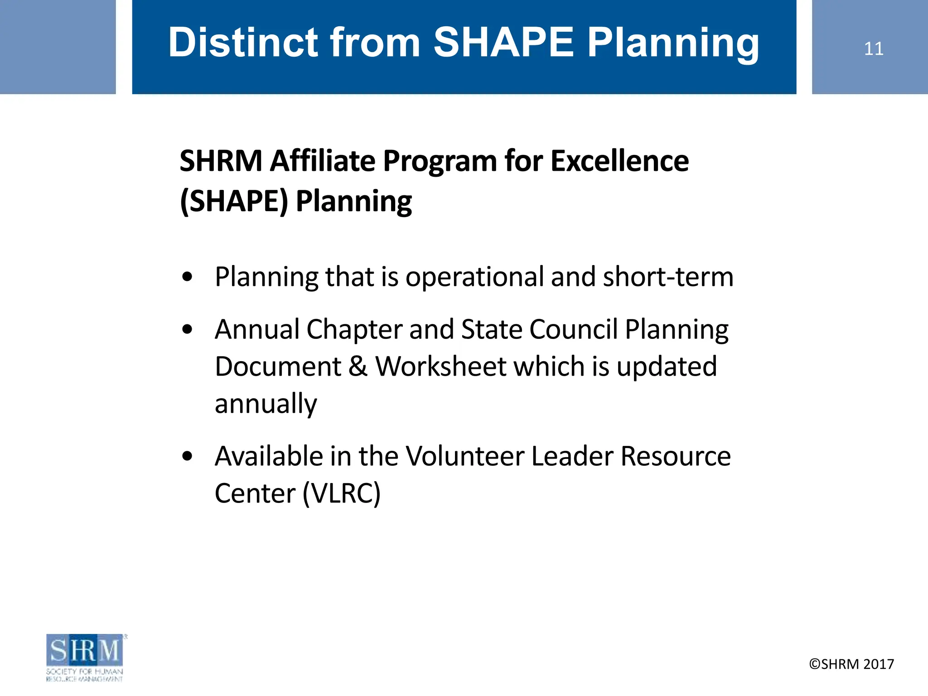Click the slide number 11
click(873, 48)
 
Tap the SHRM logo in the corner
click(85, 657)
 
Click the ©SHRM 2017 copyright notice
click(851, 664)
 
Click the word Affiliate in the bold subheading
click(322, 161)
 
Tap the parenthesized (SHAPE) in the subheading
click(234, 201)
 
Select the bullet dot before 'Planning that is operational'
click(187, 277)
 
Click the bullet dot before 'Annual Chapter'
click(187, 329)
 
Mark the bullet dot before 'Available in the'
click(187, 456)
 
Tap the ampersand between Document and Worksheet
click(358, 366)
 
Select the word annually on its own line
click(266, 404)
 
